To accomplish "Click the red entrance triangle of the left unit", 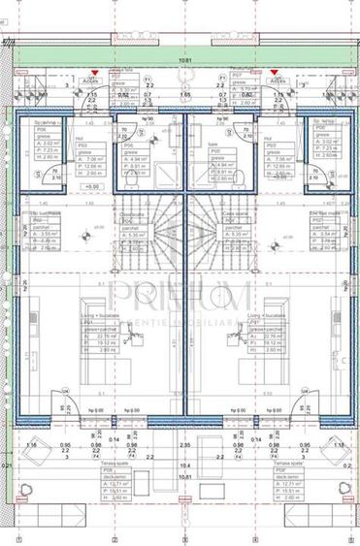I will point(93,73).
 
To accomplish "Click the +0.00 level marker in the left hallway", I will point(94,185).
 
